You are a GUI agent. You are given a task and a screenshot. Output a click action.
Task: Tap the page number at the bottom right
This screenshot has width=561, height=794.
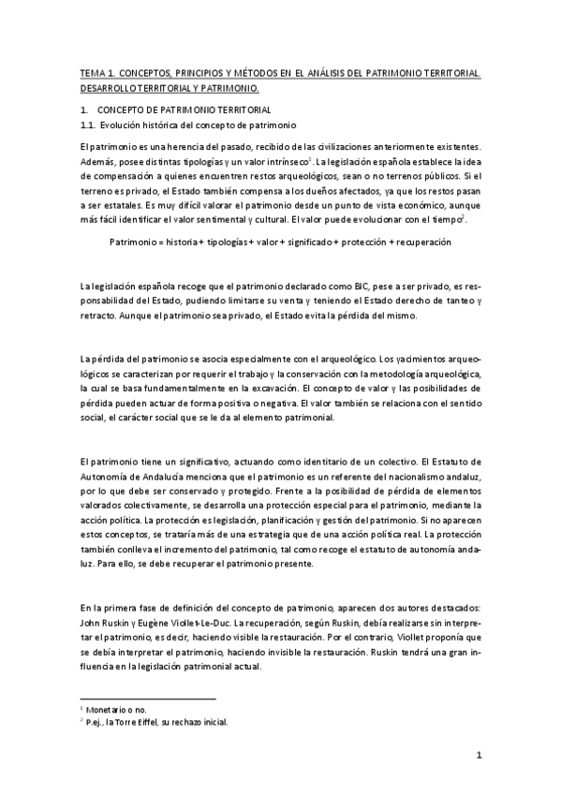(x=478, y=755)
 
